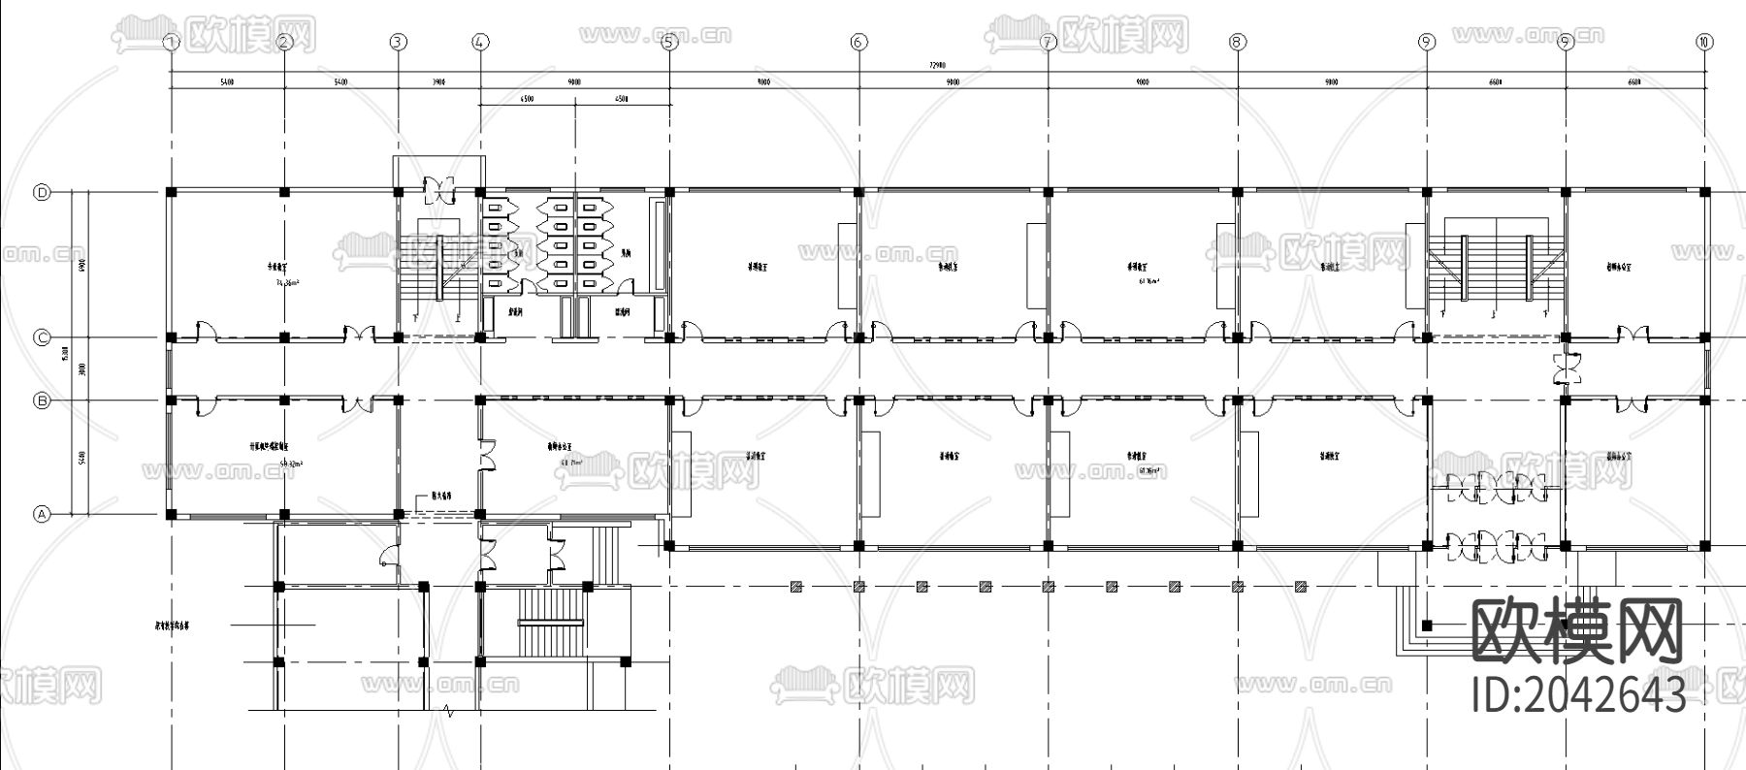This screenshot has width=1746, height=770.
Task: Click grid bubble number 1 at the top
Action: click(x=172, y=42)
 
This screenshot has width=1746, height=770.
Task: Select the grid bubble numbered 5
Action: click(x=668, y=42)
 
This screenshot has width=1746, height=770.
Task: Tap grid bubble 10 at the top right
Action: click(x=1704, y=42)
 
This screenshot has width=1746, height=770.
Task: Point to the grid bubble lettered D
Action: click(x=42, y=192)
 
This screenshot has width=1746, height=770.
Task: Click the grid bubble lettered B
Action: click(x=42, y=400)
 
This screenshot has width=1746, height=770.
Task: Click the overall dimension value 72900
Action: click(x=936, y=65)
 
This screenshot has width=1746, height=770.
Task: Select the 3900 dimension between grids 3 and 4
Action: click(x=438, y=82)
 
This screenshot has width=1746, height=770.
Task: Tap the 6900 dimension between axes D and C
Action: click(x=82, y=264)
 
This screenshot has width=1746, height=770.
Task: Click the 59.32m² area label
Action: click(x=289, y=465)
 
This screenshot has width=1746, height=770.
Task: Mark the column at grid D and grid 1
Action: click(x=171, y=192)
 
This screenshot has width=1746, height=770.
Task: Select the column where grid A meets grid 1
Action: click(x=171, y=514)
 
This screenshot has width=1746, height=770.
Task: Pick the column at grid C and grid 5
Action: click(x=669, y=337)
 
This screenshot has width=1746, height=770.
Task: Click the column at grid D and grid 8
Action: click(x=1237, y=192)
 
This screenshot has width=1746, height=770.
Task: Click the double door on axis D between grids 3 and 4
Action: click(x=439, y=188)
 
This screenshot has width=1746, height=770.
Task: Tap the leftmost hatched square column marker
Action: click(x=795, y=586)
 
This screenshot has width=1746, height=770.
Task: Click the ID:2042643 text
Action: click(x=1579, y=694)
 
